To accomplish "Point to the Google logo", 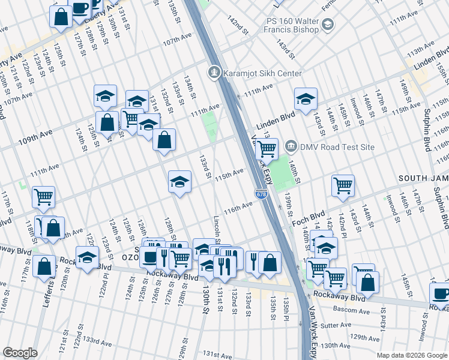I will [x=20, y=353].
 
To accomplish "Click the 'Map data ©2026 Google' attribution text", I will [x=411, y=355].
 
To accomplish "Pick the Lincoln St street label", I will [x=217, y=230].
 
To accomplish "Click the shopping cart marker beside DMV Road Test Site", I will [x=267, y=146].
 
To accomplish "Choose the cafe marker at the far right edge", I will [x=441, y=293].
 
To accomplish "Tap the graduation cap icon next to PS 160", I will [x=328, y=24].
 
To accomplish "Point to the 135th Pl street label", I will [x=287, y=307].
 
